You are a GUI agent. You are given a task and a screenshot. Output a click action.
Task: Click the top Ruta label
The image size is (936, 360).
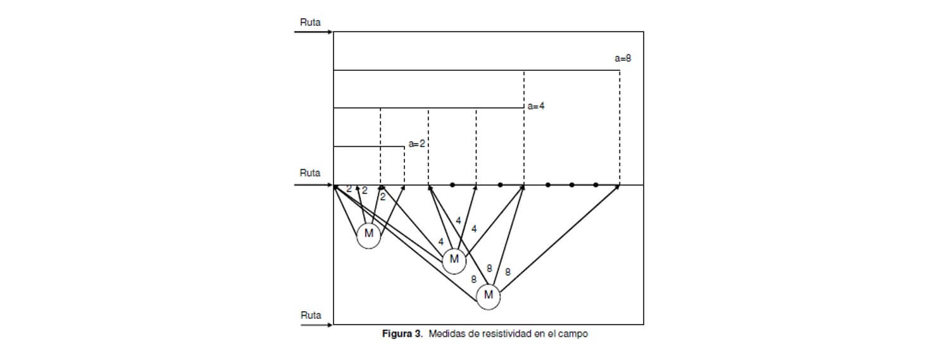(x=310, y=22)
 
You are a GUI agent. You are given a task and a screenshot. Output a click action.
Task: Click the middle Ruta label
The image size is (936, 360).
(x=310, y=173)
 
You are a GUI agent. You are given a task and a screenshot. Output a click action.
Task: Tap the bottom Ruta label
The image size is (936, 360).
(x=311, y=315)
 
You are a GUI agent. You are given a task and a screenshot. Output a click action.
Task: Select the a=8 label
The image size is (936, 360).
(x=623, y=58)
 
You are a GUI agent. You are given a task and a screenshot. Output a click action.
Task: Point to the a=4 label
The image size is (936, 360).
(x=536, y=106)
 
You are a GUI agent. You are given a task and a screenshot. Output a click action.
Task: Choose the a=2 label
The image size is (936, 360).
(x=416, y=144)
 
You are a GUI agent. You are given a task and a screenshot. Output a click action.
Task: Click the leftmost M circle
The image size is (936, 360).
(x=368, y=237)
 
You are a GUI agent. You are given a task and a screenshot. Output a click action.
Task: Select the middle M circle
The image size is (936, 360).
(x=454, y=261)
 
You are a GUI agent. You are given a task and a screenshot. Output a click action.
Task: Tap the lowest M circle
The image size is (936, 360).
(x=489, y=297)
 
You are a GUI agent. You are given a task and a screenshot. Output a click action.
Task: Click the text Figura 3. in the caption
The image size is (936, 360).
(x=402, y=333)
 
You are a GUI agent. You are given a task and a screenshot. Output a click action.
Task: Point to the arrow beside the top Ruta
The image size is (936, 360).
(x=313, y=32)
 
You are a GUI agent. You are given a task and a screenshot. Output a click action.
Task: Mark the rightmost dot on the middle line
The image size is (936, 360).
(x=596, y=185)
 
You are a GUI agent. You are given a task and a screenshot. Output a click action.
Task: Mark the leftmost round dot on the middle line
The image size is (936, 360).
(x=452, y=185)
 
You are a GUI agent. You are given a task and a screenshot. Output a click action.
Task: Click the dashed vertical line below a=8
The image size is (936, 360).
(x=620, y=127)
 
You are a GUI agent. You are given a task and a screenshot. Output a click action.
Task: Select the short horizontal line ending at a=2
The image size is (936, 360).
(x=369, y=147)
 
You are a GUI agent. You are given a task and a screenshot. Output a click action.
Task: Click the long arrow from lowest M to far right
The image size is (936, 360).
(x=559, y=238)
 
